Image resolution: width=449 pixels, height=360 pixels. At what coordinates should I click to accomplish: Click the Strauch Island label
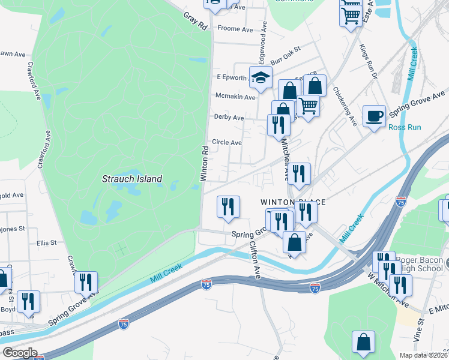coord(132,179)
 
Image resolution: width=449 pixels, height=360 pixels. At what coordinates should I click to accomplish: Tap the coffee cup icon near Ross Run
coord(375,115)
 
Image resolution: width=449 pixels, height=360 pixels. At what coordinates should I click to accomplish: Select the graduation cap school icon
coord(261,77)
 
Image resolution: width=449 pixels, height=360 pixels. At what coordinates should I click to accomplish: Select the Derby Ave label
coord(229,118)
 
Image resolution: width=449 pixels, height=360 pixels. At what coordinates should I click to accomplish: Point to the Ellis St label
coord(46,243)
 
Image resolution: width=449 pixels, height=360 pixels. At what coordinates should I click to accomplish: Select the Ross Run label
coord(405,127)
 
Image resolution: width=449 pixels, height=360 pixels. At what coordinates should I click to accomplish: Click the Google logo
coord(20,353)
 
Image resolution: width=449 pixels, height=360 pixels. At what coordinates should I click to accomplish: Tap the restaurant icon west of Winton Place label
coord(228,206)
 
